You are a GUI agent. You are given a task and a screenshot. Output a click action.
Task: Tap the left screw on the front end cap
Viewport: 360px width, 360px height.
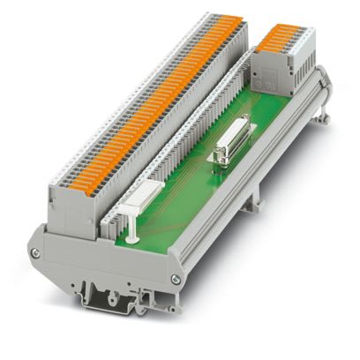pos(36,253)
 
